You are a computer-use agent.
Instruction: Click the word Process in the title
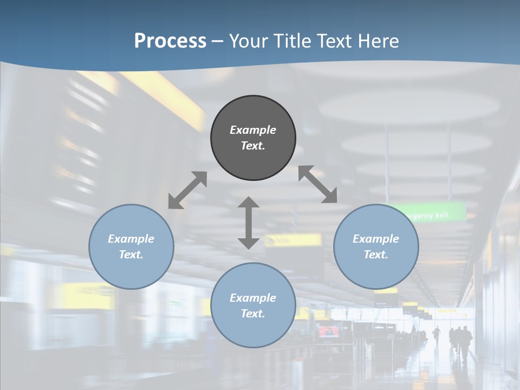tap(170, 41)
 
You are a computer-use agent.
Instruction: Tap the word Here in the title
tap(379, 41)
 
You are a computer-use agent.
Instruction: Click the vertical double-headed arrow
tap(249, 223)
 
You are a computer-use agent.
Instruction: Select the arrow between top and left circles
tap(187, 190)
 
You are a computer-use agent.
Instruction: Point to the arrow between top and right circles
tap(318, 184)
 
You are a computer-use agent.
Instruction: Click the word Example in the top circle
tap(253, 130)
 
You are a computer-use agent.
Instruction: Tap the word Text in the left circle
tap(131, 255)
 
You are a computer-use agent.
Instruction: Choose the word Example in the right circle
tap(376, 239)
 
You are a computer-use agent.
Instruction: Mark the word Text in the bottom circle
tap(253, 314)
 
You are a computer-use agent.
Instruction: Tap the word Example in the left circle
tap(131, 239)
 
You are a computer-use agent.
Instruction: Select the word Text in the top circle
tap(253, 146)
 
